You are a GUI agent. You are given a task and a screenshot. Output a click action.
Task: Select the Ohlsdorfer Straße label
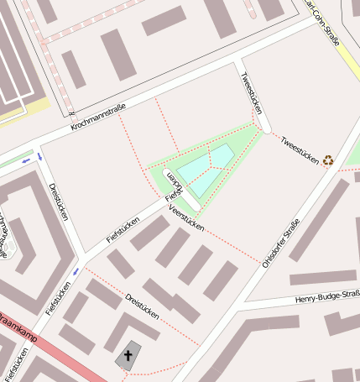click(281, 243)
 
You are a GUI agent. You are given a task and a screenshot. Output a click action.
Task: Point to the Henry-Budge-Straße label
click(327, 297)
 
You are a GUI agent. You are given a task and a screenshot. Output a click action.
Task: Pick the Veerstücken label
click(186, 217)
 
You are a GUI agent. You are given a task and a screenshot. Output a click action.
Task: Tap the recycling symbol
click(328, 157)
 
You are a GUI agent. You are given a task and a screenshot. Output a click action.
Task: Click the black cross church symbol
click(128, 356)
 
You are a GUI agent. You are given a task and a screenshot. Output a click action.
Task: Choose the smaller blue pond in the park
click(222, 155)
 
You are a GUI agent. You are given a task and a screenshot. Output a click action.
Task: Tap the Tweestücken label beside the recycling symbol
click(298, 148)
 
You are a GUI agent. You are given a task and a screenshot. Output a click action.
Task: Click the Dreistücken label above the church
click(142, 305)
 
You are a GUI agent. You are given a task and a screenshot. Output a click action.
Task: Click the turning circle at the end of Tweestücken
click(266, 128)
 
